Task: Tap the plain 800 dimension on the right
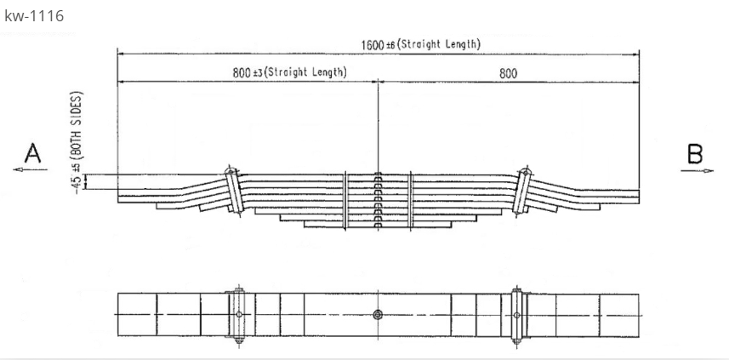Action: pyautogui.click(x=509, y=73)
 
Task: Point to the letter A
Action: pyautogui.click(x=32, y=153)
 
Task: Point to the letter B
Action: pyautogui.click(x=695, y=153)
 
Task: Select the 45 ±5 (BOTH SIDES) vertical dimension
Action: pyautogui.click(x=79, y=143)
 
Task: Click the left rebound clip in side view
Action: pyautogui.click(x=231, y=189)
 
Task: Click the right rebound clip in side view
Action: pyautogui.click(x=523, y=189)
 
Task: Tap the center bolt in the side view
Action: pyautogui.click(x=378, y=201)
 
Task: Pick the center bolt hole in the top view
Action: pyautogui.click(x=378, y=315)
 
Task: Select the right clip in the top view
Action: pyautogui.click(x=516, y=315)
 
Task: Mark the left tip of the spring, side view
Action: pyautogui.click(x=120, y=198)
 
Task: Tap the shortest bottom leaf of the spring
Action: pyautogui.click(x=377, y=227)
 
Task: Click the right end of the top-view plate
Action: pyautogui.click(x=637, y=315)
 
